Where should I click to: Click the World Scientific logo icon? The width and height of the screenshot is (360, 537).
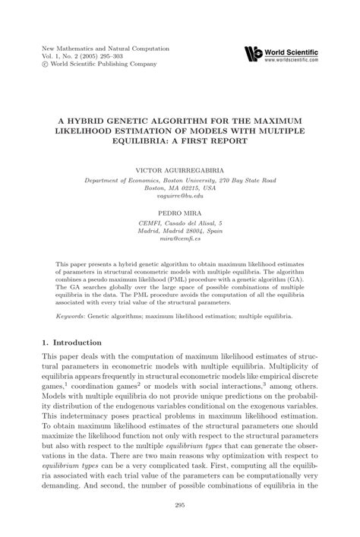pyautogui.click(x=253, y=53)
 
